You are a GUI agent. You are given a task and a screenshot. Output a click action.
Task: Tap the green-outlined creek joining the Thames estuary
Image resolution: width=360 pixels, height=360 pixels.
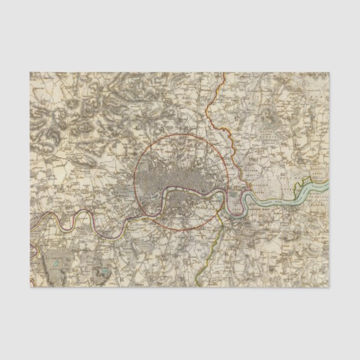point(307,181)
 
